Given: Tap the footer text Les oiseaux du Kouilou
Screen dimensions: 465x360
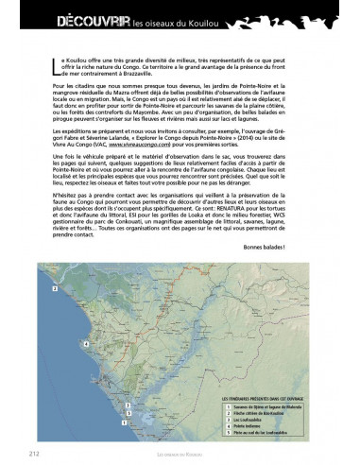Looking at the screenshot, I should tap(179, 454).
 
